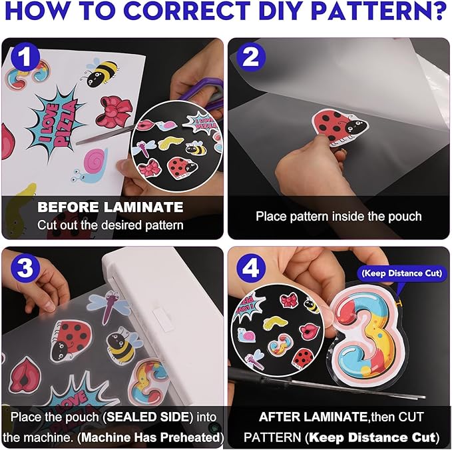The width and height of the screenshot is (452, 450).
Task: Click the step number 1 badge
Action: click(25, 57)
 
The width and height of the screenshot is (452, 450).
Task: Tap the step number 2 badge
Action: click(251, 57)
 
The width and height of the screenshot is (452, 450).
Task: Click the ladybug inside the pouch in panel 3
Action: click(71, 340)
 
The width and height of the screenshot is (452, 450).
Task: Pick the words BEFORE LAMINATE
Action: click(110, 207)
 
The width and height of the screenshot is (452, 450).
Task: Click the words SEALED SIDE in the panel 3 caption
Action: click(148, 417)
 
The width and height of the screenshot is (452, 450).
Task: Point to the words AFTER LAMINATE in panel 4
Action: click(313, 417)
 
